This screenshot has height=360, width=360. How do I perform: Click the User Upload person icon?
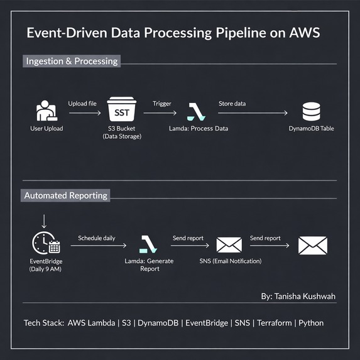[x=47, y=111]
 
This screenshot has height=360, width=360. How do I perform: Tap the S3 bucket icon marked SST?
[x=122, y=109]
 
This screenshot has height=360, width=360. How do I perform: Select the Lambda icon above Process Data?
[x=196, y=112]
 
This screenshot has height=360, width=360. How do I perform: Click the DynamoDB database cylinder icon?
[x=311, y=112]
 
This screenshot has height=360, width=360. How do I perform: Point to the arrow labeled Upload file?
[x=85, y=113]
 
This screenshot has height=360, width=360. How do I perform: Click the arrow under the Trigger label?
[x=160, y=113]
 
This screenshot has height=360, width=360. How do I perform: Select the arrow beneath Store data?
[x=253, y=113]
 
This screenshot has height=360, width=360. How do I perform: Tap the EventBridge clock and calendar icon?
[x=46, y=243]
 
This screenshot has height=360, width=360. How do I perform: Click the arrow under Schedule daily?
[x=99, y=246]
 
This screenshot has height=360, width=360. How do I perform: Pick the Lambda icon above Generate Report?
[x=148, y=244]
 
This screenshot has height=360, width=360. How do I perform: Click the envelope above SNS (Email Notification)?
[x=229, y=245]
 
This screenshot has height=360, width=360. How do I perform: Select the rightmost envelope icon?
[x=313, y=245]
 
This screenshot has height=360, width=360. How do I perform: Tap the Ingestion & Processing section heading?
[x=72, y=61]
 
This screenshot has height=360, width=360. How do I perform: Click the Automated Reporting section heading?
[x=65, y=195]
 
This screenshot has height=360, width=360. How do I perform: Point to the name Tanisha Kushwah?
[x=305, y=297]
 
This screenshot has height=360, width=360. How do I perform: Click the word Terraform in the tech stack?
[x=275, y=323]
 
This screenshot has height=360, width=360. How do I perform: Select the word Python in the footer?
[x=311, y=323]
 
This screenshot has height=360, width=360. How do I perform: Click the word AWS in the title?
[x=305, y=33]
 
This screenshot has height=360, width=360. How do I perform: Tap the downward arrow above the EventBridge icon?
[x=44, y=221]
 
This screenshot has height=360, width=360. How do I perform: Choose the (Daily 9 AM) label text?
[x=45, y=269]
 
